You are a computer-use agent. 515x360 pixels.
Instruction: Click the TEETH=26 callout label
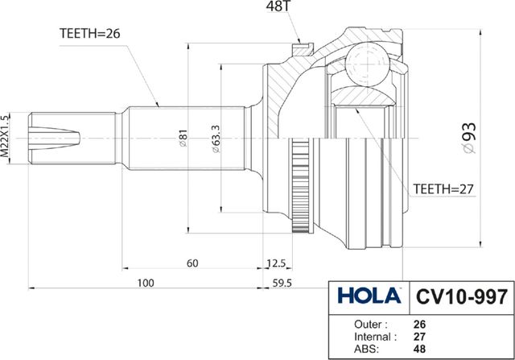coord(90,34)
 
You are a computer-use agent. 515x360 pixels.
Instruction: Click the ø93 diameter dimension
coord(492,137)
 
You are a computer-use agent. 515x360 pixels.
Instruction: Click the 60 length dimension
coord(193,264)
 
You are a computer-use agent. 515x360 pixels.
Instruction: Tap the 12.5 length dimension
coord(277,264)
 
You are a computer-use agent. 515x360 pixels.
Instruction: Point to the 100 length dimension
coord(145,283)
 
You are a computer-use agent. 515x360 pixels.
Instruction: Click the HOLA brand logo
coord(368,295)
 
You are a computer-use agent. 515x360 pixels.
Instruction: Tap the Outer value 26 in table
coord(418,325)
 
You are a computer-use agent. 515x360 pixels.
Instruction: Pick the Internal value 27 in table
coord(418,337)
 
